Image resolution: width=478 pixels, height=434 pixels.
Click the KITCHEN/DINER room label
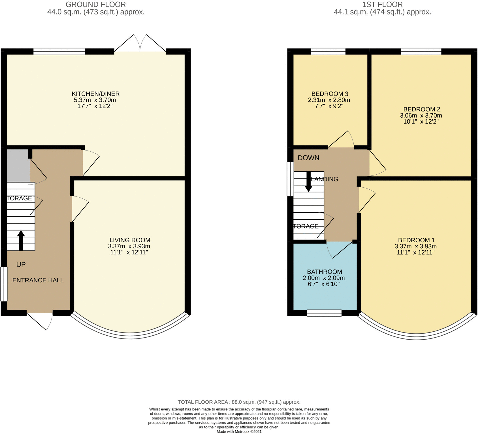(x=95, y=94)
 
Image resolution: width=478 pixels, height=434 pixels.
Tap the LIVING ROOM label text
(x=130, y=240)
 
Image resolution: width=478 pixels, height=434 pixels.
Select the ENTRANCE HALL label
(x=38, y=280)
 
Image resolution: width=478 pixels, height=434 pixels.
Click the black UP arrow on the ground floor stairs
(x=21, y=241)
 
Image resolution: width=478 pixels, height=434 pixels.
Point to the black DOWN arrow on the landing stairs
(x=309, y=181)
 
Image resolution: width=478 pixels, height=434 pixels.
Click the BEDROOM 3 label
(x=330, y=94)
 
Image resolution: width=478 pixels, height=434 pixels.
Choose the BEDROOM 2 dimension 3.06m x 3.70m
(x=421, y=116)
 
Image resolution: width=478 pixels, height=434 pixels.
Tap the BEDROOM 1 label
(x=416, y=240)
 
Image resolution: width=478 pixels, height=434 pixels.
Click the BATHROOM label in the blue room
(x=325, y=272)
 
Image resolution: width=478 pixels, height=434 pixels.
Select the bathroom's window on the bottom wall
(x=324, y=313)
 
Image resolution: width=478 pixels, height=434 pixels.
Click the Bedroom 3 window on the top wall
(x=328, y=51)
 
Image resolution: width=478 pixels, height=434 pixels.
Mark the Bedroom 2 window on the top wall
(x=421, y=51)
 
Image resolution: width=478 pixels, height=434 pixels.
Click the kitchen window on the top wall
(x=59, y=51)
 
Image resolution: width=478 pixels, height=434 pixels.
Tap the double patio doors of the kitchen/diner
(x=140, y=43)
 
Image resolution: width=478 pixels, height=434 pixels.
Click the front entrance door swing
(x=40, y=321)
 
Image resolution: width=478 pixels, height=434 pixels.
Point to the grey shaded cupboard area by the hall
(x=18, y=166)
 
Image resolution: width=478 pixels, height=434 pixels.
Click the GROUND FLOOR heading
(x=96, y=5)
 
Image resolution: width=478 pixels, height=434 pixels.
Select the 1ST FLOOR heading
(x=382, y=5)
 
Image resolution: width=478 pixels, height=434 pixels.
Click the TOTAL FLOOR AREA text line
(x=239, y=402)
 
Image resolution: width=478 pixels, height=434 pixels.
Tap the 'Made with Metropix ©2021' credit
(x=239, y=432)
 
